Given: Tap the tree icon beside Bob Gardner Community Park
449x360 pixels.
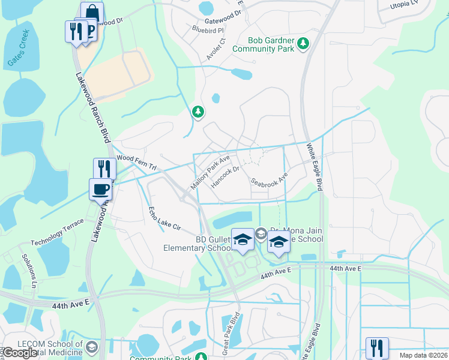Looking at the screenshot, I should click(304, 44).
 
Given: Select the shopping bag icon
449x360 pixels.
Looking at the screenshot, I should click(92, 12).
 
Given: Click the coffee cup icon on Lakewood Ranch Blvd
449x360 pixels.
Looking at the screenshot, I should click(101, 190).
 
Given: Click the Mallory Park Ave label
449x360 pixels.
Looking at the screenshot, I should click(210, 172).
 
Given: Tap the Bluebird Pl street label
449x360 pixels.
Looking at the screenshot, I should click(208, 29).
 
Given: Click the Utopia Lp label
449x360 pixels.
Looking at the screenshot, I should click(407, 4).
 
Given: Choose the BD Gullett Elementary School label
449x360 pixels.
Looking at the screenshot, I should click(198, 242).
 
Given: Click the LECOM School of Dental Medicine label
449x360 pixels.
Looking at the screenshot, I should click(42, 349).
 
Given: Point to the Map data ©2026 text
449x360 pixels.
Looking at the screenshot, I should click(423, 355).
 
